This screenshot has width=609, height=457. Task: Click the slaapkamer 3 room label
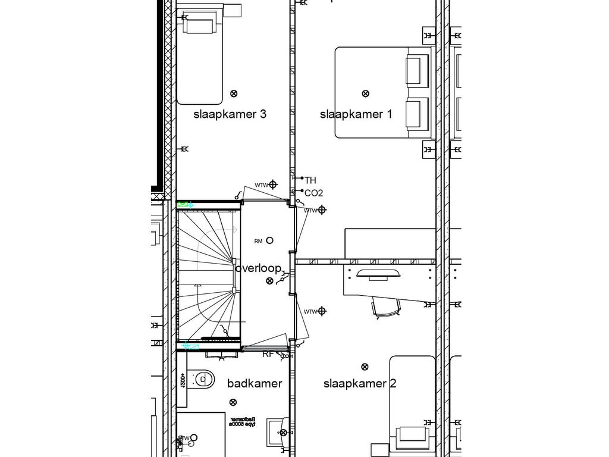(x=230, y=114)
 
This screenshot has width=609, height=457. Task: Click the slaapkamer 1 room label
(x=356, y=114)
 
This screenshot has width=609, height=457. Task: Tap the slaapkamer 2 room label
(x=359, y=384)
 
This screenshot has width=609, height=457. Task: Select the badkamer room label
(x=255, y=384)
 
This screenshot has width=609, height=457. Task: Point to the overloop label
(x=258, y=268)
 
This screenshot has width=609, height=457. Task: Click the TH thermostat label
(x=310, y=180)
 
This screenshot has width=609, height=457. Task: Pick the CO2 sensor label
(x=313, y=193)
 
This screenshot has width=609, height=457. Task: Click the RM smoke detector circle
(x=270, y=240)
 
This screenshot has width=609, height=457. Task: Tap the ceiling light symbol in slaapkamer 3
(x=234, y=93)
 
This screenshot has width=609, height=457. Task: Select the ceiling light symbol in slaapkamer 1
(x=365, y=93)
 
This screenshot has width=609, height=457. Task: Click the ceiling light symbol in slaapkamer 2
(x=365, y=367)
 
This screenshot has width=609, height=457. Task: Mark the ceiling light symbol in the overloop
(x=270, y=280)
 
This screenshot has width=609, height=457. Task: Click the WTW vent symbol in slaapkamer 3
(x=273, y=184)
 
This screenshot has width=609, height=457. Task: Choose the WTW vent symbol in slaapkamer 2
(x=322, y=311)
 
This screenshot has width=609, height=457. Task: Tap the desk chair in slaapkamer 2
(x=386, y=308)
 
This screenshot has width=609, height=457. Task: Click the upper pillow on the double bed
(x=417, y=70)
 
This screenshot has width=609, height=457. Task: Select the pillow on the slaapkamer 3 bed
(x=199, y=24)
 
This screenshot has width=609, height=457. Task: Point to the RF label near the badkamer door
(x=268, y=354)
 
